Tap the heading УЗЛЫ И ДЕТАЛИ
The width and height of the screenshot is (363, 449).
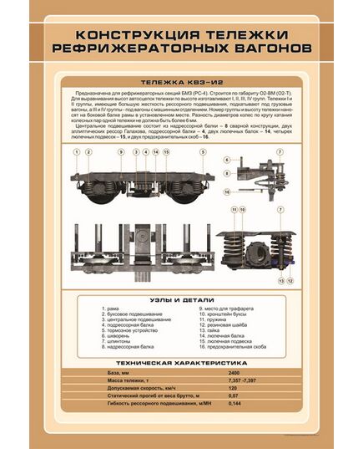(181, 298)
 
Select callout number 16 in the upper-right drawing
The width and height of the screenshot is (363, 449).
(226, 191)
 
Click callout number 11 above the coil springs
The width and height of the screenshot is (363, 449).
(234, 208)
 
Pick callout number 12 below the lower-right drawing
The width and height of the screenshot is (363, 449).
(290, 283)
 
